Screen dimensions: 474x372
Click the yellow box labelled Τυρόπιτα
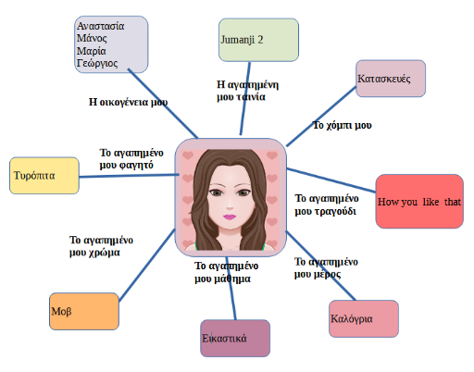point(44,176)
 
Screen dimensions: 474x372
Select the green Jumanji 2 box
point(258,40)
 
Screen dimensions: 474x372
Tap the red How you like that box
point(419,202)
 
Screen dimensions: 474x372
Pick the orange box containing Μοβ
point(84,311)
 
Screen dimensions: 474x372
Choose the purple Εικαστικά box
point(235,339)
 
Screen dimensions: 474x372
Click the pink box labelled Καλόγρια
point(364,318)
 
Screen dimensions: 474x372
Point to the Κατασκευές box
point(391,79)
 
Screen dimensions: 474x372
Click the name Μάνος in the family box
point(92,38)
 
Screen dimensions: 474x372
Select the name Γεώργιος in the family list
point(97,63)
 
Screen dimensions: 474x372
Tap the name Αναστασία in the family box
point(101,26)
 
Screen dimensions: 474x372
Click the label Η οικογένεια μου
point(128,102)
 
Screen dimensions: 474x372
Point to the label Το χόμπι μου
point(343,125)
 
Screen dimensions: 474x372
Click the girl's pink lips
point(230,217)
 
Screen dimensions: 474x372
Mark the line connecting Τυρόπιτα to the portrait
point(129,176)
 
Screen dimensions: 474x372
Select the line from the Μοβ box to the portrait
point(147,265)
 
